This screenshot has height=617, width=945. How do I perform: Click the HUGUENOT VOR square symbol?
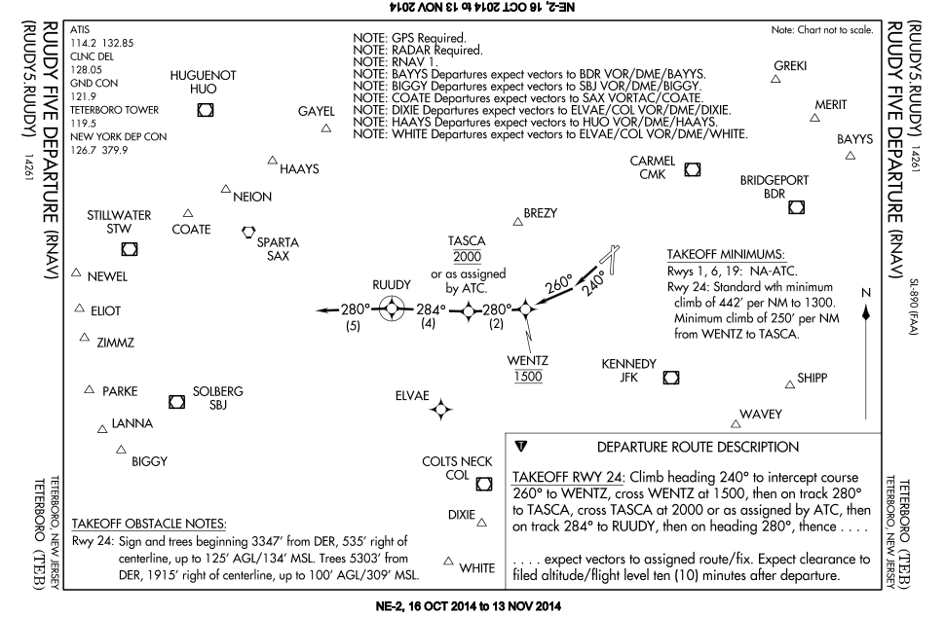point(205,110)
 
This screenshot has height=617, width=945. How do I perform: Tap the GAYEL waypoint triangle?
point(325,127)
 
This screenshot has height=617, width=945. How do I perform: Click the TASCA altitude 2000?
point(467,256)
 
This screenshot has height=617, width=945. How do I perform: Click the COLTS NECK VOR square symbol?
point(484,483)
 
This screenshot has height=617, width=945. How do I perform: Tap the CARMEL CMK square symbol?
point(693,169)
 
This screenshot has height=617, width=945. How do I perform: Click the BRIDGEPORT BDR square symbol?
point(796,206)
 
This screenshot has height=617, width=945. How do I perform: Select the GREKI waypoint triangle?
point(775,80)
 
